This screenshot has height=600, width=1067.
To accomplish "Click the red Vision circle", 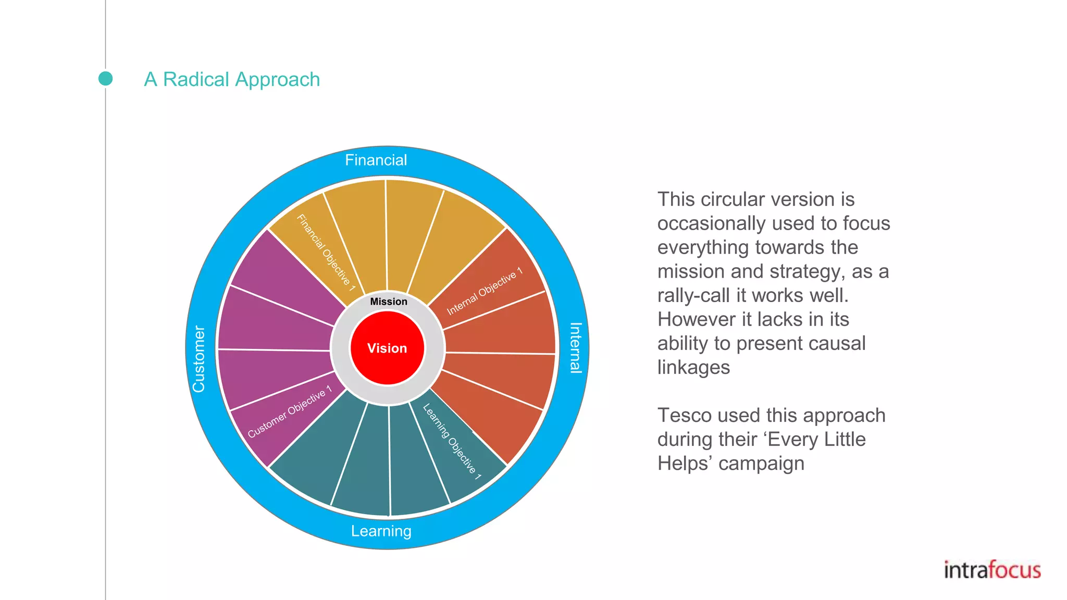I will click(387, 348).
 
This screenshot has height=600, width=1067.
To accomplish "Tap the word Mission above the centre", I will click(389, 302).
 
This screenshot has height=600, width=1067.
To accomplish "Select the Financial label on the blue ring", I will click(376, 160).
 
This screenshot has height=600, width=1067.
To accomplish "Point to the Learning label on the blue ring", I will click(381, 531).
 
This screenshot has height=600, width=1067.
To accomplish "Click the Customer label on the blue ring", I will click(198, 359).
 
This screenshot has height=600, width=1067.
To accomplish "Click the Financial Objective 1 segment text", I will click(326, 253).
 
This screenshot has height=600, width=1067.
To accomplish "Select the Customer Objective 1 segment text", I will click(290, 411).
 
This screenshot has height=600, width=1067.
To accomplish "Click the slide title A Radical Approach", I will click(232, 79).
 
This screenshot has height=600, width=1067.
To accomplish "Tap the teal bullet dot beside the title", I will click(106, 79).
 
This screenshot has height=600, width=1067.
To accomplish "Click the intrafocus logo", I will click(992, 570).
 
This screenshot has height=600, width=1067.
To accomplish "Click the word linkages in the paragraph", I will click(693, 367).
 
